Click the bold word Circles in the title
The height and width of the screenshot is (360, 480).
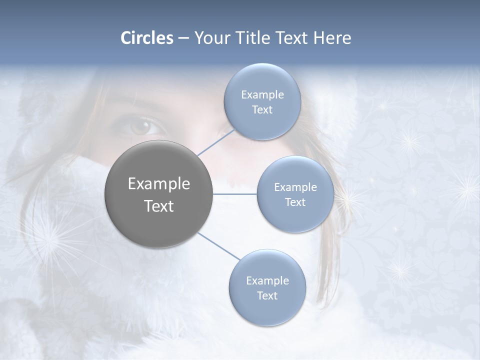(x=146, y=38)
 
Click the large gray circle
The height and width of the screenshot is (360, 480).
(x=159, y=194)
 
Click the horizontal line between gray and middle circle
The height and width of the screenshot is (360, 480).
(x=235, y=194)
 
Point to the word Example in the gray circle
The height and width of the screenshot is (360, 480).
(x=159, y=184)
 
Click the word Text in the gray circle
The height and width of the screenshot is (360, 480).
(x=159, y=206)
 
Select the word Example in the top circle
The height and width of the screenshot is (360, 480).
(x=262, y=95)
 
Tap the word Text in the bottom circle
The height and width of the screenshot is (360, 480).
(x=267, y=296)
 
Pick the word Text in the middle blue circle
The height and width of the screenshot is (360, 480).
(x=295, y=202)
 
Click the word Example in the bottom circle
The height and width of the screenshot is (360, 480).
(x=267, y=281)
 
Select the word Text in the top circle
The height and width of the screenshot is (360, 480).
(x=262, y=110)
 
